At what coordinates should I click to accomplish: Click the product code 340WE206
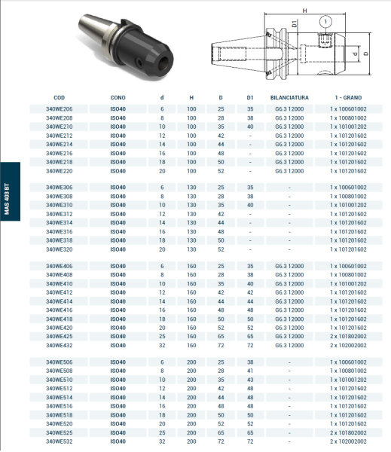click(60, 109)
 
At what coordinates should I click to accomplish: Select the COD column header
click(60, 98)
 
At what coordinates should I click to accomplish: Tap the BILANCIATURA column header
click(290, 98)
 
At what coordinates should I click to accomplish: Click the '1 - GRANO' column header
click(349, 98)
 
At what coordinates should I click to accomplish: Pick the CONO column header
click(118, 98)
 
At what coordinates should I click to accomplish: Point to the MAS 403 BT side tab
click(7, 200)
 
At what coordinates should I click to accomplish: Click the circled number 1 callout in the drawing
click(325, 22)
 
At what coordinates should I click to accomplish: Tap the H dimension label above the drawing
click(304, 11)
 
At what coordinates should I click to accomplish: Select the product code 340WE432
click(60, 345)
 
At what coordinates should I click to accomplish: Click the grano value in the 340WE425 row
click(349, 336)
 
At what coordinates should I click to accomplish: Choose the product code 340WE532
click(60, 441)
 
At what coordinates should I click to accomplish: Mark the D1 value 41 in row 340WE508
click(250, 371)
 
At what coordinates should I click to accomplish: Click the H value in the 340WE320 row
click(191, 249)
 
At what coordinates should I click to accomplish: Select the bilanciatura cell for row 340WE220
click(290, 171)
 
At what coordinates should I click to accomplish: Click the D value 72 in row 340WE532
click(221, 441)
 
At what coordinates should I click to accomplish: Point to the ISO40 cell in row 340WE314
click(118, 223)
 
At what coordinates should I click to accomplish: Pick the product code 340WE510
click(60, 380)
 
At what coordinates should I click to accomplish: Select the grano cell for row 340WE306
click(349, 187)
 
